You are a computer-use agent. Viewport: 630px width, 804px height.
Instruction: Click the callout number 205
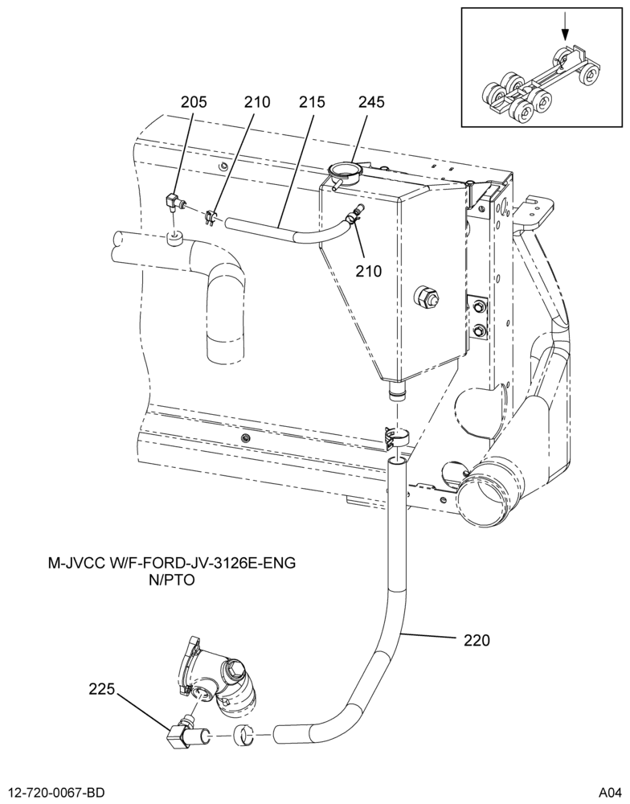193,102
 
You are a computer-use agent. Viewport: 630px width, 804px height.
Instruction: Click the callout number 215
312,102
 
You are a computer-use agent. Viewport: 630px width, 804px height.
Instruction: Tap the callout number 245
371,102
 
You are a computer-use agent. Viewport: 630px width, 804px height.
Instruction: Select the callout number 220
477,641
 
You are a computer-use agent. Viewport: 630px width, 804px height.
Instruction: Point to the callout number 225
101,690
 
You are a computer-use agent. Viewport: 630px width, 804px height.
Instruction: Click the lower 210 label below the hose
369,271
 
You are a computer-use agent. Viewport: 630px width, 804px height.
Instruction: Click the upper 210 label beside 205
257,102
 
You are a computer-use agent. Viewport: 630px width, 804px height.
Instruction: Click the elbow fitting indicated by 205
174,203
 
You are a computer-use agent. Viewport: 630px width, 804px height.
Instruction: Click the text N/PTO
172,580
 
